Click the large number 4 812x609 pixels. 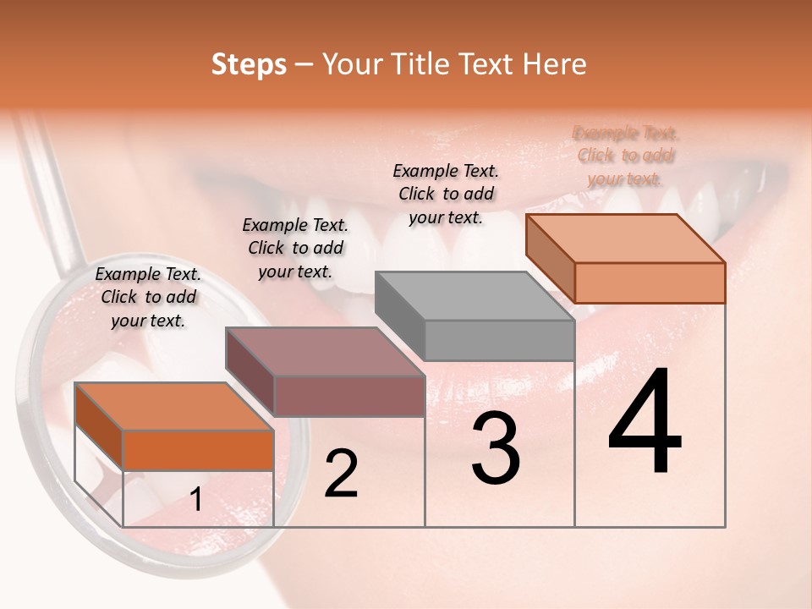click(x=645, y=422)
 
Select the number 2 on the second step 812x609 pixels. click(x=341, y=474)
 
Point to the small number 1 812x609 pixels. click(x=196, y=500)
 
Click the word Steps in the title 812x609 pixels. click(x=249, y=64)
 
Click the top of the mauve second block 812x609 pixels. click(x=326, y=352)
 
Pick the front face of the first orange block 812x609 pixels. click(x=198, y=450)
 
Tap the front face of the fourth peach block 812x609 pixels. click(x=650, y=283)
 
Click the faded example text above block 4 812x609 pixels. click(x=626, y=156)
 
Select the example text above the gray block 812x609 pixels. click(x=446, y=194)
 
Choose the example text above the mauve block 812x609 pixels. click(x=295, y=248)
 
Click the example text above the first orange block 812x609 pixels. click(x=148, y=297)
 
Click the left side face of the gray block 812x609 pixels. click(x=399, y=317)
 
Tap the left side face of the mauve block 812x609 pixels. click(x=250, y=373)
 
